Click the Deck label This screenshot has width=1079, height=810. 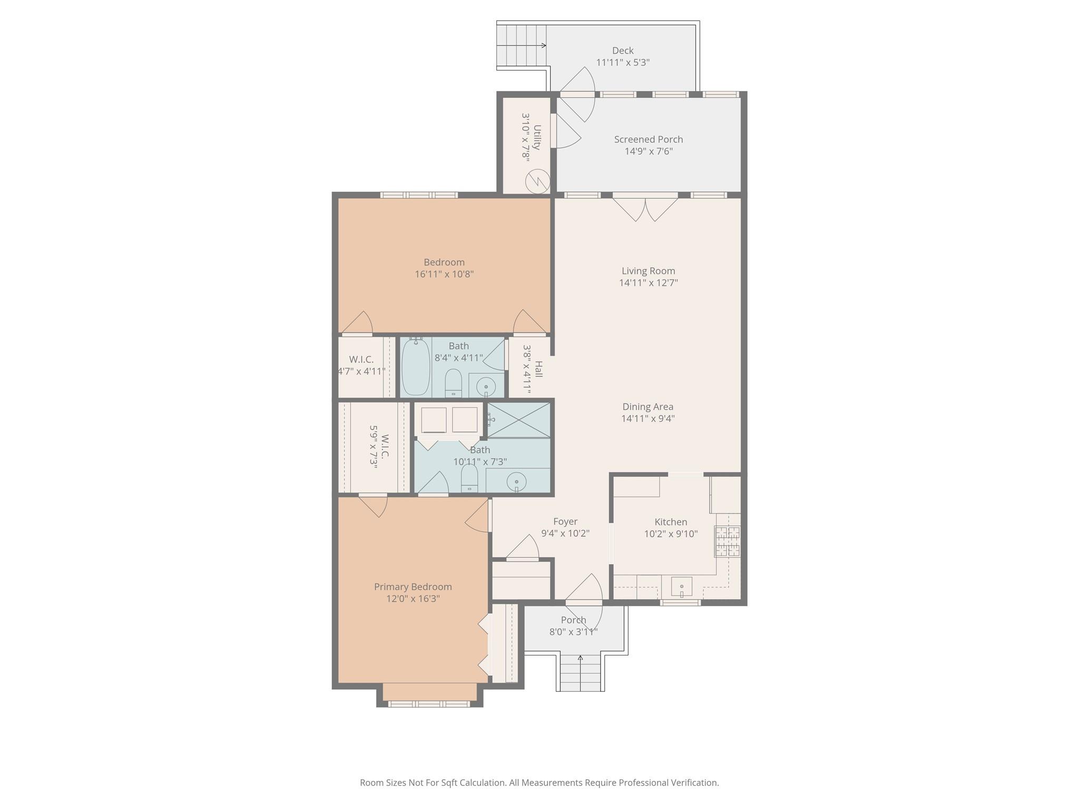click(x=622, y=51)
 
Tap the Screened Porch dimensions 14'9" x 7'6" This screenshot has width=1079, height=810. click(x=648, y=151)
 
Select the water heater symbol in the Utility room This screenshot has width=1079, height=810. click(x=537, y=181)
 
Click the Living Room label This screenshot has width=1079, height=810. click(x=648, y=271)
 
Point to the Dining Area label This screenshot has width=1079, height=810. click(x=648, y=407)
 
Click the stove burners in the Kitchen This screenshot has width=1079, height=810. click(x=727, y=541)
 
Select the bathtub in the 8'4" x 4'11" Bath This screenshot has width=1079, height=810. click(x=416, y=367)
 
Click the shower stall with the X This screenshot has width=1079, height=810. click(x=518, y=420)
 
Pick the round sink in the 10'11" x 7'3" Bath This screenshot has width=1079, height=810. click(x=516, y=481)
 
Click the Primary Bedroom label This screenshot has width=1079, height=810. click(x=413, y=586)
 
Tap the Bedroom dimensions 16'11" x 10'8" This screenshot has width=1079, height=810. click(x=444, y=274)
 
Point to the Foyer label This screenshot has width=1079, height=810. click(x=565, y=522)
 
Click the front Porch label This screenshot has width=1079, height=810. click(x=573, y=620)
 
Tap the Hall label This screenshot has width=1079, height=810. click(x=538, y=369)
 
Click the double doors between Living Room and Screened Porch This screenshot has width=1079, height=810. click(x=645, y=207)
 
